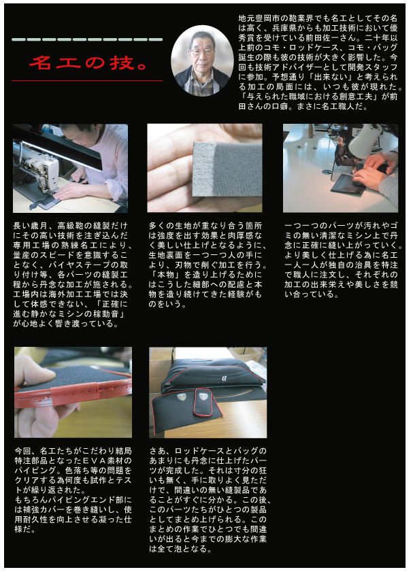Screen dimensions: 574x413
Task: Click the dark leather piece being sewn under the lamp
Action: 346,184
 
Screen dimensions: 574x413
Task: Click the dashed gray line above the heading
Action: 87,40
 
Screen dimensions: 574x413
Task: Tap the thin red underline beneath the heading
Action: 87,80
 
